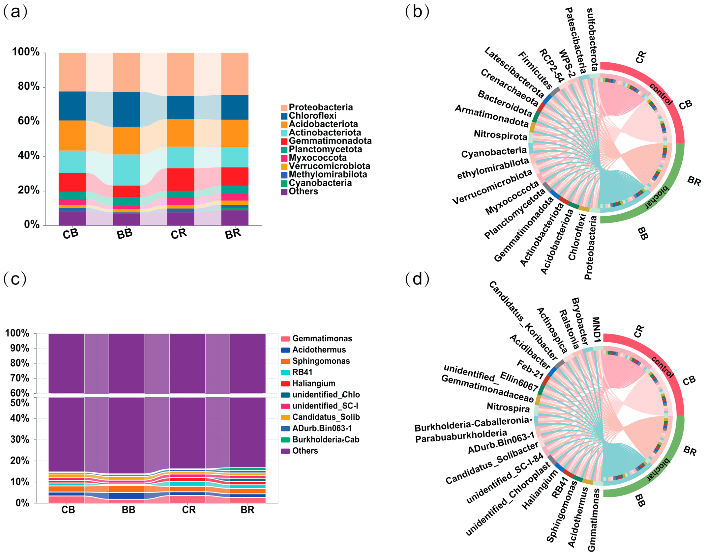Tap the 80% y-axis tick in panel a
click(x=29, y=87)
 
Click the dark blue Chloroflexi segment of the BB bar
click(x=127, y=109)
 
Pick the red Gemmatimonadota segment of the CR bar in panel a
click(x=181, y=179)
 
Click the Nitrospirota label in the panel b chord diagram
click(x=500, y=135)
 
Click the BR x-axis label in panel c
click(x=247, y=510)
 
